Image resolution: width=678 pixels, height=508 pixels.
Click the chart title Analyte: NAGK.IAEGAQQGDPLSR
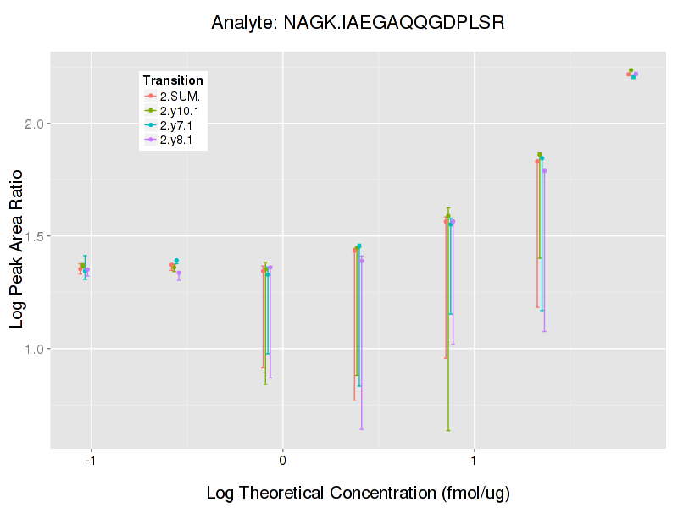click(358, 23)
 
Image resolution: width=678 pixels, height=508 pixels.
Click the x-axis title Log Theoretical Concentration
click(358, 493)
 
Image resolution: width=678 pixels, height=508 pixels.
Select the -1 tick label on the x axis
click(89, 461)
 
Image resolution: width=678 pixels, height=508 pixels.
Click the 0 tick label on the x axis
click(282, 461)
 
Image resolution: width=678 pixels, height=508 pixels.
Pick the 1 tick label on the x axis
click(474, 461)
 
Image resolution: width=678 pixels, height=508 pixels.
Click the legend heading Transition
click(173, 80)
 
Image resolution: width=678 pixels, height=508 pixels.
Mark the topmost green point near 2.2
click(631, 70)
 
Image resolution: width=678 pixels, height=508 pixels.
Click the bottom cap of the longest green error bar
click(448, 430)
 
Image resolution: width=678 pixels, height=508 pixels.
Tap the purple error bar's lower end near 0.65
click(362, 428)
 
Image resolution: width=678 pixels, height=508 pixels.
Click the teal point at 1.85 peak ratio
click(542, 158)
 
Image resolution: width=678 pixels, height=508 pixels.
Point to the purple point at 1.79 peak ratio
click(544, 171)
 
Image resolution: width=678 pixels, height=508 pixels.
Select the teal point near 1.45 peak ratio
click(359, 246)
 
